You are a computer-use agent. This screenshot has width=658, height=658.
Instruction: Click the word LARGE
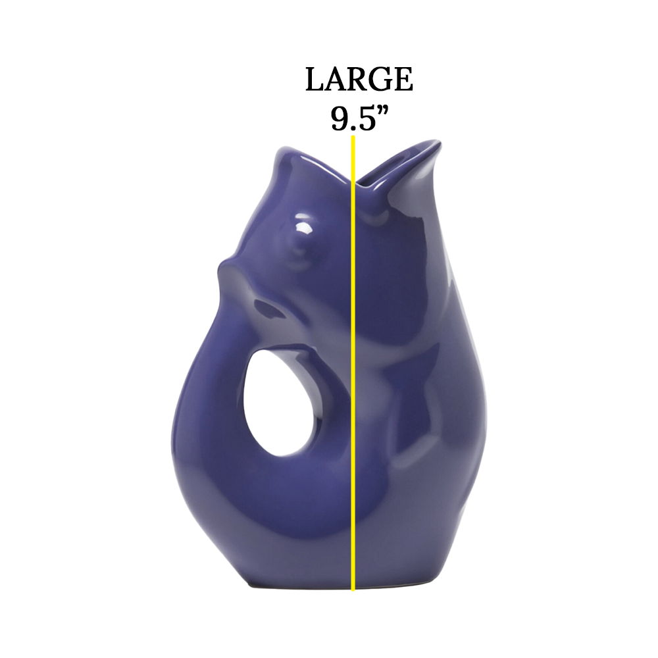359,80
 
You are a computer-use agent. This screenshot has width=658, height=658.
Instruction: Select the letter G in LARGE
381,80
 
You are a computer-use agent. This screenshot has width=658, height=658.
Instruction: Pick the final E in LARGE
403,80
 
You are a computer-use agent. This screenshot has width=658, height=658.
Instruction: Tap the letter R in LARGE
359,80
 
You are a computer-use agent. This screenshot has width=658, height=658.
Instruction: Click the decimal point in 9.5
353,127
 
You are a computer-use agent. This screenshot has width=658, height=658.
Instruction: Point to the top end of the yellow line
354,138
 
